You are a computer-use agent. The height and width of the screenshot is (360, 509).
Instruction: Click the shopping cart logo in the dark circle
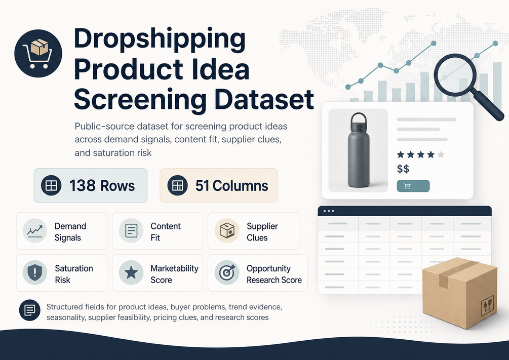coord(38,53)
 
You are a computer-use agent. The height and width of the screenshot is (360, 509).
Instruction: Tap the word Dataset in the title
coord(264,99)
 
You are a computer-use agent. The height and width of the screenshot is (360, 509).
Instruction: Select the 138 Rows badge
coord(91,185)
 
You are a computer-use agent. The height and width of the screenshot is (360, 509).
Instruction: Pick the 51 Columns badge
coord(219,185)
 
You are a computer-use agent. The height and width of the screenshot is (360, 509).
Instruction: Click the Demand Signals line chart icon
coord(35,230)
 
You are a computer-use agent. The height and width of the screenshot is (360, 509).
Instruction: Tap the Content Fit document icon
coord(131,230)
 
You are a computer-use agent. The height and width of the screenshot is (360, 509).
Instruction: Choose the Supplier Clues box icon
coord(227,230)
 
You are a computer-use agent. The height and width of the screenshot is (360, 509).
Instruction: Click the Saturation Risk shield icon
coord(35,273)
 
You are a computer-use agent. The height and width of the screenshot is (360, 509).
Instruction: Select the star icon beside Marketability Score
coord(131,273)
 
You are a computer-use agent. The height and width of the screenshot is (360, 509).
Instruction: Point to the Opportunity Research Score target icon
coord(227,273)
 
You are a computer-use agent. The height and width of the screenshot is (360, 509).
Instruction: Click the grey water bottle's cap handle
coord(359,117)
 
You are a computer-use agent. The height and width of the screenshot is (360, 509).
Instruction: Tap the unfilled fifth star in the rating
coord(441,154)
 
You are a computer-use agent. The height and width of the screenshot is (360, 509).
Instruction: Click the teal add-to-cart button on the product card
coord(413,186)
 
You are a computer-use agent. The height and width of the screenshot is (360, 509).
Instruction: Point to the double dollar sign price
coord(403,169)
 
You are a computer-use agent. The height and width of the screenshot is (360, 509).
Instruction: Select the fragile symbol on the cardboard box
coord(487,305)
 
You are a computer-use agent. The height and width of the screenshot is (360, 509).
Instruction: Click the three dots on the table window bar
coord(329,211)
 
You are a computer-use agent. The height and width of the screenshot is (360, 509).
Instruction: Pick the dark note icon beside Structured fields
coord(29,310)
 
